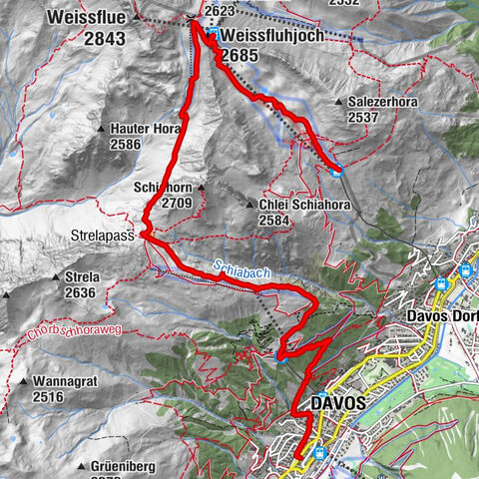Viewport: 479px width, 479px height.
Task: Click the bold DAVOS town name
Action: coord(337,402)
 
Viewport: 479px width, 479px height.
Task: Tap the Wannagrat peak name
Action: coord(65,381)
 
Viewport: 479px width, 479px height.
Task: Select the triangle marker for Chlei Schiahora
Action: coord(248,205)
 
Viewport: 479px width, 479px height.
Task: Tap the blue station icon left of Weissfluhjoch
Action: coord(214,34)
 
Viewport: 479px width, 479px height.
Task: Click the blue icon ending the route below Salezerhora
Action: coord(338,169)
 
